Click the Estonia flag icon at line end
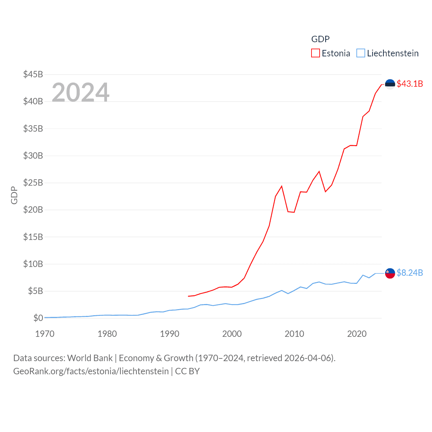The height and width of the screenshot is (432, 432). coord(390,84)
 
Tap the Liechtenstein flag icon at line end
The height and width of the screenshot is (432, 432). coord(390,273)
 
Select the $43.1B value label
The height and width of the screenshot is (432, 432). coord(410,84)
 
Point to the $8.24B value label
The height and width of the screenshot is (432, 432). coord(410,273)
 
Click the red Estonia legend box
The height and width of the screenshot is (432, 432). coord(315,53)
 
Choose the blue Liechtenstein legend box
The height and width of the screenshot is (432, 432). coord(361,53)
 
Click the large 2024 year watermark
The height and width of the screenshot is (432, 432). coord(80,92)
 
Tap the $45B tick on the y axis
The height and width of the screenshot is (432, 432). coord(33,74)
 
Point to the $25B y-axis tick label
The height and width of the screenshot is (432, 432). coord(33,183)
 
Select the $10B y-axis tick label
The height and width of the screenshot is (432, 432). coord(33,264)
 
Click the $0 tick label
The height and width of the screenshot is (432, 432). coord(38,318)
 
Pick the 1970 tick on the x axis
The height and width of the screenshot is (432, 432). coord(45,334)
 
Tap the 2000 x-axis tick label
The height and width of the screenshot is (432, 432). coord(232,334)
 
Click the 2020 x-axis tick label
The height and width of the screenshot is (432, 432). coord(357,334)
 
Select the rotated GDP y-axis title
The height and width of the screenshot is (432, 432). coord(14,195)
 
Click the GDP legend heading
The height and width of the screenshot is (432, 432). coord(320,39)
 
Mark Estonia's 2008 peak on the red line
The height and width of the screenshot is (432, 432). coord(281,186)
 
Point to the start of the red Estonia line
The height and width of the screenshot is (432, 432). coord(188,296)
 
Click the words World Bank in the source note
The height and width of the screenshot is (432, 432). coord(90,358)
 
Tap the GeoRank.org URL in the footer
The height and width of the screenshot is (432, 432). coord(91,371)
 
